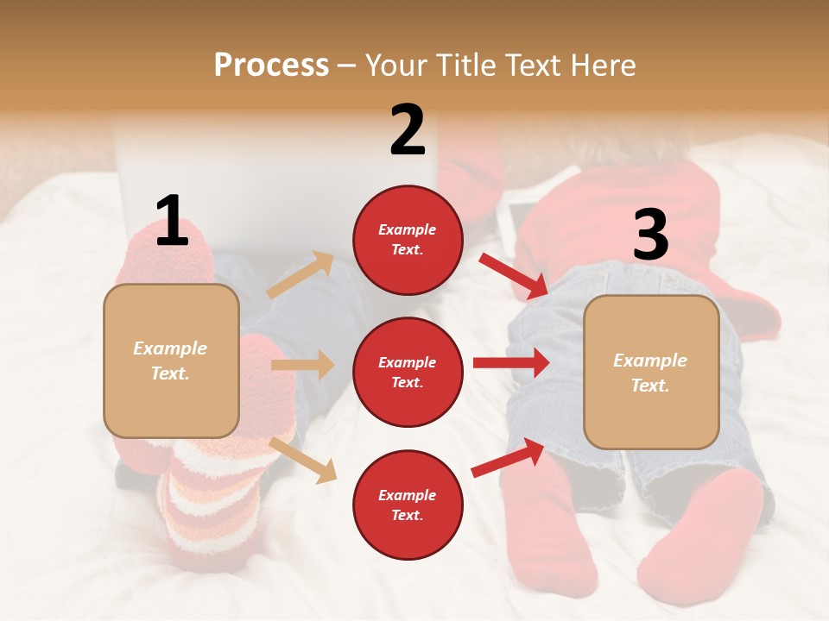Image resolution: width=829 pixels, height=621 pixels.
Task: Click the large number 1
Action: pyautogui.click(x=172, y=221)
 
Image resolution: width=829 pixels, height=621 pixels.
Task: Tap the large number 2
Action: pyautogui.click(x=408, y=130)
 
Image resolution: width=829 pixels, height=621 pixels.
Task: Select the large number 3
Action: pyautogui.click(x=650, y=235)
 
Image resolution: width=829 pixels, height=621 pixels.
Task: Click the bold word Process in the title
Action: pyautogui.click(x=271, y=65)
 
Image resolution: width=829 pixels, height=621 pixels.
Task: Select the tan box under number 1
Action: pyautogui.click(x=171, y=361)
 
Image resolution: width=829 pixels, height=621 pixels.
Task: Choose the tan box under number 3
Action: pyautogui.click(x=651, y=372)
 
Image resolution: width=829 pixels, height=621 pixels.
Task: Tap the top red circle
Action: pyautogui.click(x=408, y=240)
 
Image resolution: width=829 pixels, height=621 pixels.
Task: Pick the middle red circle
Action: pyautogui.click(x=408, y=372)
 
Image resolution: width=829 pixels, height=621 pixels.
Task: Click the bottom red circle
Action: pyautogui.click(x=408, y=505)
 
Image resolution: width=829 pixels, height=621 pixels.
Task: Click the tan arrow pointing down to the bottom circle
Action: pyautogui.click(x=303, y=460)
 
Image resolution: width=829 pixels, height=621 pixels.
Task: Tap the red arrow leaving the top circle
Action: pyautogui.click(x=515, y=276)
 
